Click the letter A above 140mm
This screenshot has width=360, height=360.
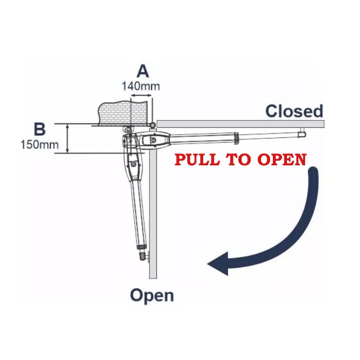click(x=142, y=71)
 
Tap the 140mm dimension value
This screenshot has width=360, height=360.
click(x=141, y=86)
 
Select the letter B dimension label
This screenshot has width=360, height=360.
click(x=40, y=129)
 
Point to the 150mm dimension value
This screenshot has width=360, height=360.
click(x=40, y=144)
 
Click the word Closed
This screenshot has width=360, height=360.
click(x=294, y=111)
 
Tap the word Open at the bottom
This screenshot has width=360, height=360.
click(x=152, y=296)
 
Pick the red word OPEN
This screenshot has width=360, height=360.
click(x=281, y=160)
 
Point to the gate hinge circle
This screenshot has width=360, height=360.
click(x=152, y=125)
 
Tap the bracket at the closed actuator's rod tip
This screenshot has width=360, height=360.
click(x=302, y=134)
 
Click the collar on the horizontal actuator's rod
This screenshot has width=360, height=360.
click(x=237, y=136)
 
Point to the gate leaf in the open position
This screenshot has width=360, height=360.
click(x=153, y=213)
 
